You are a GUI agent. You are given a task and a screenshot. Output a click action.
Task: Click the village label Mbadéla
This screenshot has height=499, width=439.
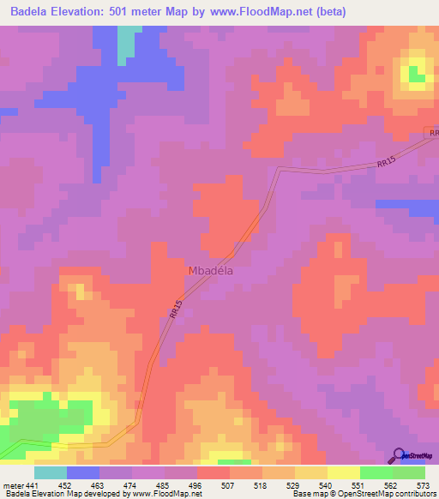[211, 270]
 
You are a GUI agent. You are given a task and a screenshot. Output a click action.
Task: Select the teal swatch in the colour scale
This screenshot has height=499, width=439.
[51, 472]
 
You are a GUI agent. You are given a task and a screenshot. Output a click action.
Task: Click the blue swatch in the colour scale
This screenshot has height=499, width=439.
[83, 472]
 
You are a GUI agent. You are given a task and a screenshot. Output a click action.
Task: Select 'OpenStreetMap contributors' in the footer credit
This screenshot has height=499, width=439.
[389, 494]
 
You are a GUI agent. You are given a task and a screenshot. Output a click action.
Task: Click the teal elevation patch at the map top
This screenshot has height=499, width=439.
[129, 43]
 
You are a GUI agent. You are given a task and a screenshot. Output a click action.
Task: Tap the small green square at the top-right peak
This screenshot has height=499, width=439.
[417, 75]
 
